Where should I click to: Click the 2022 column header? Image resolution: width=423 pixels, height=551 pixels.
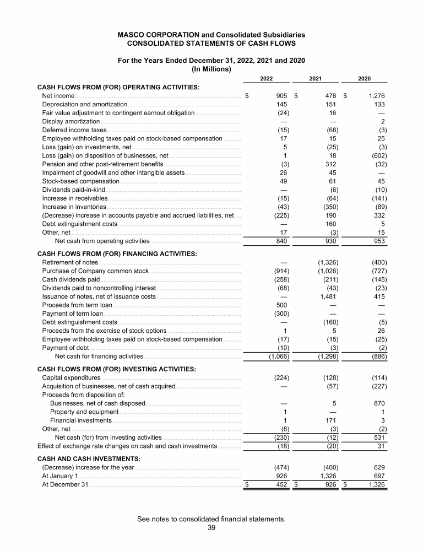tap(267, 79)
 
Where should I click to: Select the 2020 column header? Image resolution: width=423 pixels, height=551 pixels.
tap(364, 79)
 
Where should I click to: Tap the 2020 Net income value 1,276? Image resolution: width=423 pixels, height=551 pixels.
tap(374, 96)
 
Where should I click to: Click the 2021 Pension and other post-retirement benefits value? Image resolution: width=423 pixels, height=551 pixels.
tap(331, 164)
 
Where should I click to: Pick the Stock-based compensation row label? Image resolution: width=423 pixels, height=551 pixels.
tap(80, 181)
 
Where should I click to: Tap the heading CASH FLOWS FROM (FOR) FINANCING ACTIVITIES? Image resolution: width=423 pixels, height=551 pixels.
tap(117, 253)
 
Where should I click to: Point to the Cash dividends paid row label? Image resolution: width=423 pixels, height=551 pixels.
tap(70, 279)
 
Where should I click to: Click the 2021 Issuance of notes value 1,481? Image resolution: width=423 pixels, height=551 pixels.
tap(328, 296)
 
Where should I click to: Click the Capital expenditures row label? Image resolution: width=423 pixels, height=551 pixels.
tap(71, 377)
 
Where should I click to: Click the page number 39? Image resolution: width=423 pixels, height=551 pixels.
tap(211, 528)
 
